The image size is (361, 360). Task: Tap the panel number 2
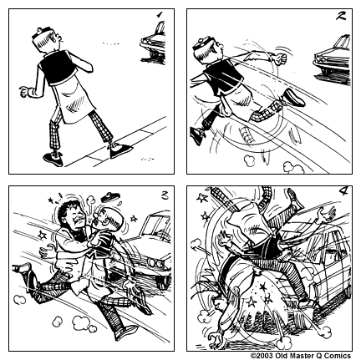coord(341,16)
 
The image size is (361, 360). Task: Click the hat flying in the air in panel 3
coord(109,197)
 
